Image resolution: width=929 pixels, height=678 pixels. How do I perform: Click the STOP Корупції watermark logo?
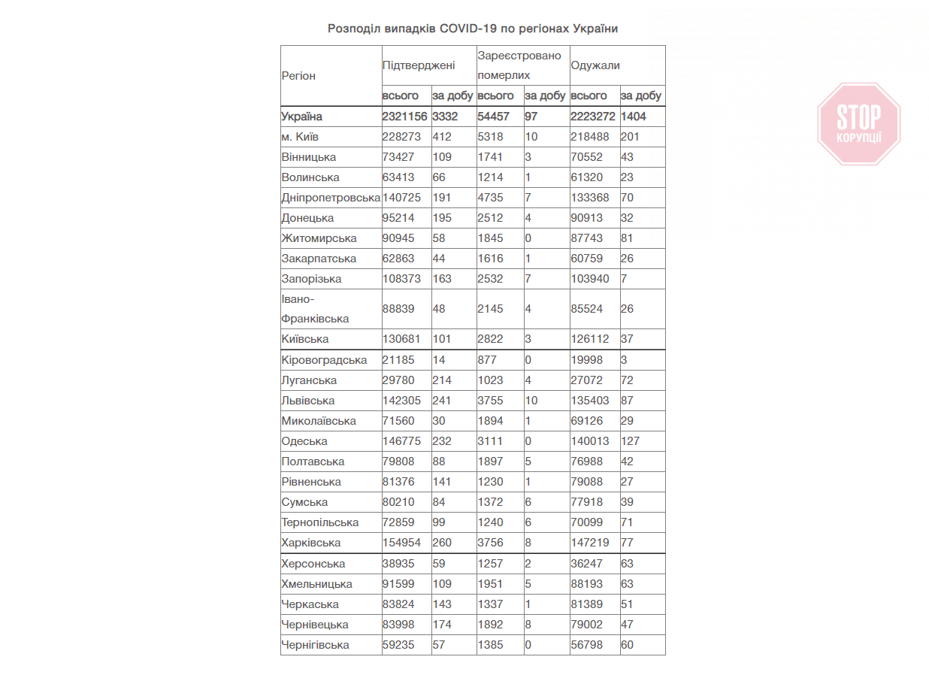[x=858, y=123]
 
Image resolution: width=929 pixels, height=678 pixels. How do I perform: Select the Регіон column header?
[x=298, y=76]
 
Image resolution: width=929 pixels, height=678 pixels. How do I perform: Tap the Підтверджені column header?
[x=419, y=65]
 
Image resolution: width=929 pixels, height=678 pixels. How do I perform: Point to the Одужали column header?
[x=595, y=65]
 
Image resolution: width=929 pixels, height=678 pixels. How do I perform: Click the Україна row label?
[x=301, y=117]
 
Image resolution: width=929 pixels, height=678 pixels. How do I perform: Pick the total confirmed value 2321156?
[x=404, y=117]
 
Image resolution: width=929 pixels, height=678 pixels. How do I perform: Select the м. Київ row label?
[x=300, y=137]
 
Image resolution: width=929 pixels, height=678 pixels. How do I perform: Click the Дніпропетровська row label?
[x=331, y=198]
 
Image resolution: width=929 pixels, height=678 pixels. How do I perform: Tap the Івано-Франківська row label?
[x=315, y=309]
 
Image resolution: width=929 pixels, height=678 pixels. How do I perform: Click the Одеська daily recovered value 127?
[x=631, y=441]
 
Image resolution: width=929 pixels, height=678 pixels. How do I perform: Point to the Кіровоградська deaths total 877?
[x=487, y=360]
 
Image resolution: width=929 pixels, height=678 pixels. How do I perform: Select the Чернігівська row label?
[x=315, y=645]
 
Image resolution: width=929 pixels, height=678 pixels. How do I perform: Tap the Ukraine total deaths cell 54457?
[x=494, y=117]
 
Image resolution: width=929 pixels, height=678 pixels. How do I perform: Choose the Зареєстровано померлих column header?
[x=519, y=65]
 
